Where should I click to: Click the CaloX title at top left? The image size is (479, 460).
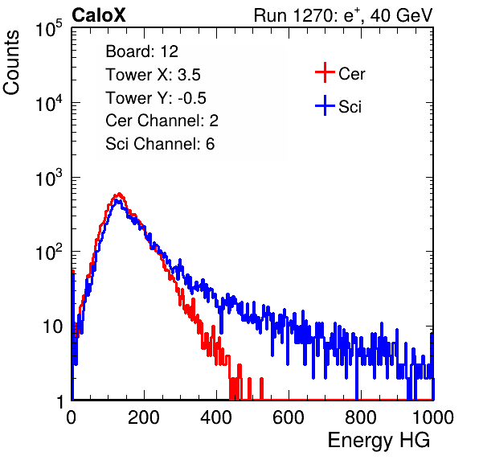pos(99,15)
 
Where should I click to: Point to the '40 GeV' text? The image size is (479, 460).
pos(401,15)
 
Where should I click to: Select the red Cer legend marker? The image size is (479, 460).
pos(325,72)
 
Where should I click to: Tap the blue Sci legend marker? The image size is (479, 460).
pos(325,106)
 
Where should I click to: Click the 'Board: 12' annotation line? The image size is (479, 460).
pos(141,51)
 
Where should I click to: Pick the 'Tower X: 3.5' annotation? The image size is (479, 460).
pos(153,75)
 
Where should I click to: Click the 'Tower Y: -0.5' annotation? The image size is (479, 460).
pos(156,98)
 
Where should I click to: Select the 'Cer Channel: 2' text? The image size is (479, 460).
pos(162,121)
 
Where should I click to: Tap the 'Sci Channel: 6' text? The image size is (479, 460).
pos(160,144)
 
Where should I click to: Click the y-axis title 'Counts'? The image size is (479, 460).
pos(11,63)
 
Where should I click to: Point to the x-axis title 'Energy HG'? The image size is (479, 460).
pos(379,441)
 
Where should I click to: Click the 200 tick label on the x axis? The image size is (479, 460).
pos(144,417)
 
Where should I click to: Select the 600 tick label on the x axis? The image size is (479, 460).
pos(289,417)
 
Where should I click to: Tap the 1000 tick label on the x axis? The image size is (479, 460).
pos(433,417)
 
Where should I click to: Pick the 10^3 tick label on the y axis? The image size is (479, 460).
pos(49,178)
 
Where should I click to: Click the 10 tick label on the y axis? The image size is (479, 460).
pos(53,327)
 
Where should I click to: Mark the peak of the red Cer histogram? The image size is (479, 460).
pos(119,194)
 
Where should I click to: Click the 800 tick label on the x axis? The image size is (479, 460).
pos(361,417)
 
